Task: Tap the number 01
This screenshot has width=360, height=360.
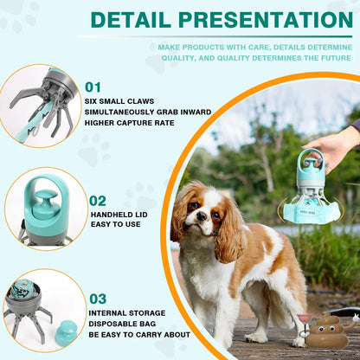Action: [x=94, y=87]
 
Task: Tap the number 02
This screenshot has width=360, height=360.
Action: [x=98, y=201]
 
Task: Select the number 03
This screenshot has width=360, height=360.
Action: [x=97, y=299]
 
